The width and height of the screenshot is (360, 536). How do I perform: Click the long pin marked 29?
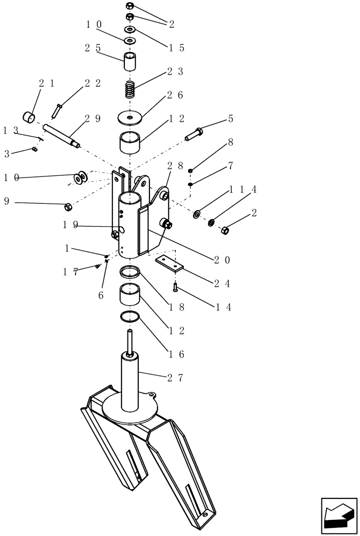62,135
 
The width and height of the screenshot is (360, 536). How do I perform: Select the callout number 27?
175,377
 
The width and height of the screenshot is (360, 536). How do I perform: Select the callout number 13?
10,130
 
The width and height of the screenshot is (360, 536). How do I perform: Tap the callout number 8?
231,143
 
